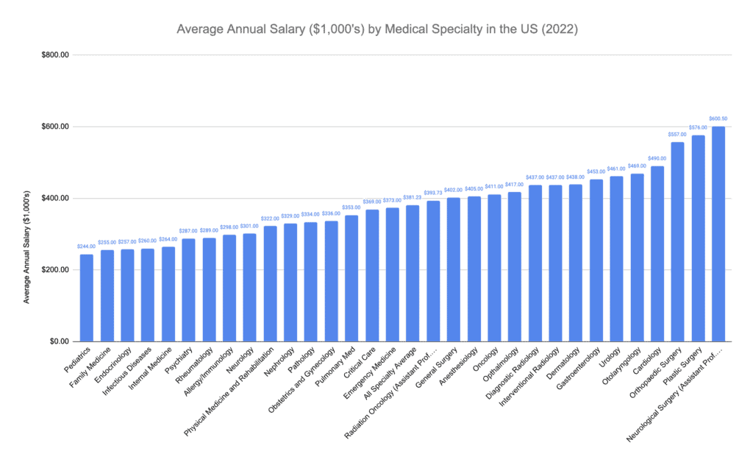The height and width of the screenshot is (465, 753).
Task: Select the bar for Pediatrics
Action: pos(87,298)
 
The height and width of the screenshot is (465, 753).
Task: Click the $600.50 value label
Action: pos(718,118)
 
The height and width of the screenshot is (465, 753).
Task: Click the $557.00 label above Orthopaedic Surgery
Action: pos(677,135)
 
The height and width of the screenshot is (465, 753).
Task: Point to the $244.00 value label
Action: pos(87,246)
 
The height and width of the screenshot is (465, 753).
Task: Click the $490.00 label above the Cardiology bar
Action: pos(657,158)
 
